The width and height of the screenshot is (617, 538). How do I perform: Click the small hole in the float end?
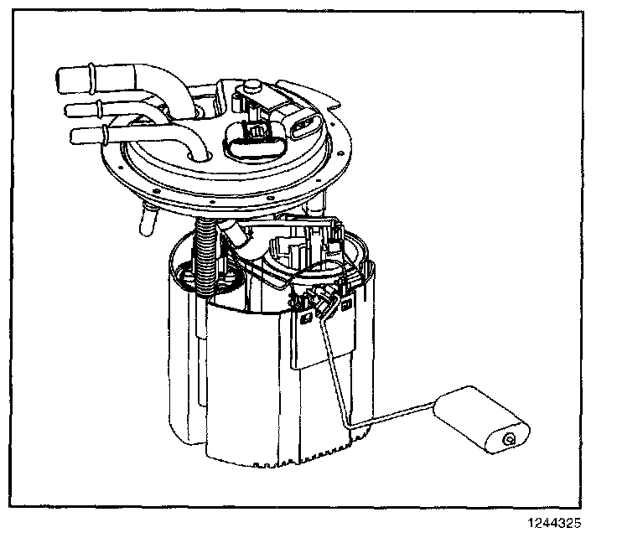coord(508,438)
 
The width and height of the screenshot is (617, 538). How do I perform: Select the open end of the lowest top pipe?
coord(80,137)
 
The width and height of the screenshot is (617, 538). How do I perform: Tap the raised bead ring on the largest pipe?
coord(90,80)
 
